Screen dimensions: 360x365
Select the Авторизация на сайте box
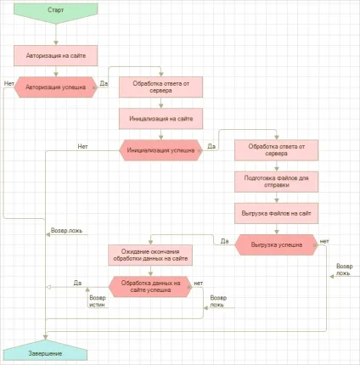tap(56, 56)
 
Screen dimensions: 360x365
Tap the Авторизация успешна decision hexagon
tap(56, 87)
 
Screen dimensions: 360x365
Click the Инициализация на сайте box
tap(160, 119)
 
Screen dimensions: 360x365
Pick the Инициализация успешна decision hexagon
tap(160, 150)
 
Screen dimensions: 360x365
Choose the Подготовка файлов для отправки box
tap(277, 182)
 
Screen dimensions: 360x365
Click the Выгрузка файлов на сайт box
tap(277, 213)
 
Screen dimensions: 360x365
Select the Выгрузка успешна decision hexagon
tap(277, 244)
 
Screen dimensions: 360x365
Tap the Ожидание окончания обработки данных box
tap(150, 255)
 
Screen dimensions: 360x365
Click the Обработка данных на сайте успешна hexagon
tap(150, 287)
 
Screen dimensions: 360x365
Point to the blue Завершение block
tap(45, 351)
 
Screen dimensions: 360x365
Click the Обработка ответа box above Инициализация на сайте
tap(160, 87)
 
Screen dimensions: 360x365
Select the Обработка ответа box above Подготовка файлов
tap(277, 150)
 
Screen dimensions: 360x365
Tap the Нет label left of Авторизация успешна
tap(9, 83)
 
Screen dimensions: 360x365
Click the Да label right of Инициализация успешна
tap(211, 146)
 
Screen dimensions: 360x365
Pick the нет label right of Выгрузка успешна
tap(324, 241)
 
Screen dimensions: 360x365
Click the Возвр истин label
tap(98, 301)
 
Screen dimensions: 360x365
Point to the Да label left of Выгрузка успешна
tap(224, 241)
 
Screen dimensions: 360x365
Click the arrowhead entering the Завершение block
tap(45, 337)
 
